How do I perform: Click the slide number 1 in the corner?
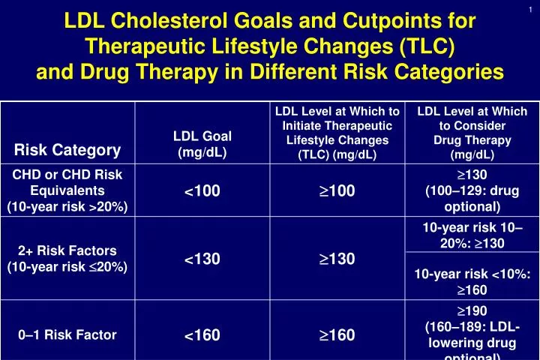click(530, 8)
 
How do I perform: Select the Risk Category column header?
click(68, 150)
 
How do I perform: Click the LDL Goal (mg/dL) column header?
click(202, 143)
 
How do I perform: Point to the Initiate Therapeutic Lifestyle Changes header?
click(337, 133)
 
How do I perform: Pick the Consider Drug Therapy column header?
click(472, 133)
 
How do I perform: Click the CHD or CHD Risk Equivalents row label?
click(68, 190)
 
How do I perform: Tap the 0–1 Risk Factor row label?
click(68, 335)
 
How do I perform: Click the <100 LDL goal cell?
click(202, 191)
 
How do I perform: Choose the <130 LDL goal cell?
click(202, 259)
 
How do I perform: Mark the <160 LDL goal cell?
click(202, 335)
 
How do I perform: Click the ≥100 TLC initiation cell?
click(337, 191)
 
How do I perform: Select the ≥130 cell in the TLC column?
click(337, 259)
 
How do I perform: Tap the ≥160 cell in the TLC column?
click(337, 335)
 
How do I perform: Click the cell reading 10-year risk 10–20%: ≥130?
click(472, 235)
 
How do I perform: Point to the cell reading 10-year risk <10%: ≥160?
click(472, 281)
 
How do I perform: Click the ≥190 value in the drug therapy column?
click(472, 310)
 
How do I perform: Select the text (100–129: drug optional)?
click(472, 199)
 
